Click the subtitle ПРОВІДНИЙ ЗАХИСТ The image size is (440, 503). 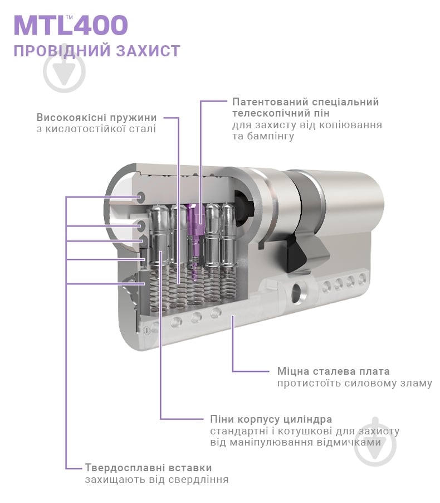tap(96, 51)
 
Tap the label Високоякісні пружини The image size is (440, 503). tap(96, 118)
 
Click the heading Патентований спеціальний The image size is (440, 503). tap(305, 102)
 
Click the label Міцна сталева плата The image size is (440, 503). tap(333, 371)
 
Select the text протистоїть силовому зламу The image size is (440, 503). tap(354, 383)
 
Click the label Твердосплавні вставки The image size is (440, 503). tap(148, 467)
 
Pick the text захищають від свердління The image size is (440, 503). tap(157, 479)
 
